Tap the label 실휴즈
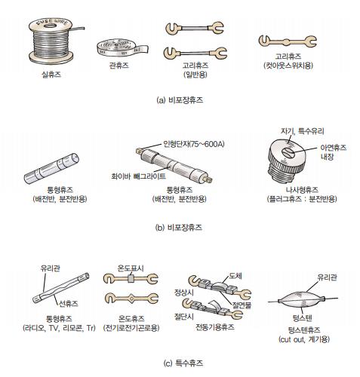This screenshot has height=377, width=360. (51, 74)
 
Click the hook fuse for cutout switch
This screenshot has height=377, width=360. (288, 41)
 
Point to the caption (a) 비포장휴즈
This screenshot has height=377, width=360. (180, 100)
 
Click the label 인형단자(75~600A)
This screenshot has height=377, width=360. (194, 144)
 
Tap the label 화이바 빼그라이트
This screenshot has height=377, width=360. (138, 176)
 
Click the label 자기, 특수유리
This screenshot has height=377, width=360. (303, 131)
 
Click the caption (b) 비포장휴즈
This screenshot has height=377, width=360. (179, 228)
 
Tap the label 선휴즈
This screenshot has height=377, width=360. (69, 304)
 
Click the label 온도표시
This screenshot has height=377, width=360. (131, 268)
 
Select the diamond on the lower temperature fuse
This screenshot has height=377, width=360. (131, 299)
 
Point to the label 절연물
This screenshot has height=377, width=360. (242, 305)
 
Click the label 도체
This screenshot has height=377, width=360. (235, 276)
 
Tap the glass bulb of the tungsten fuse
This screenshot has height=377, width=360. (302, 299)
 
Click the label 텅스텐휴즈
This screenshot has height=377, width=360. (304, 329)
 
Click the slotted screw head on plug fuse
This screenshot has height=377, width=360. (288, 152)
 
